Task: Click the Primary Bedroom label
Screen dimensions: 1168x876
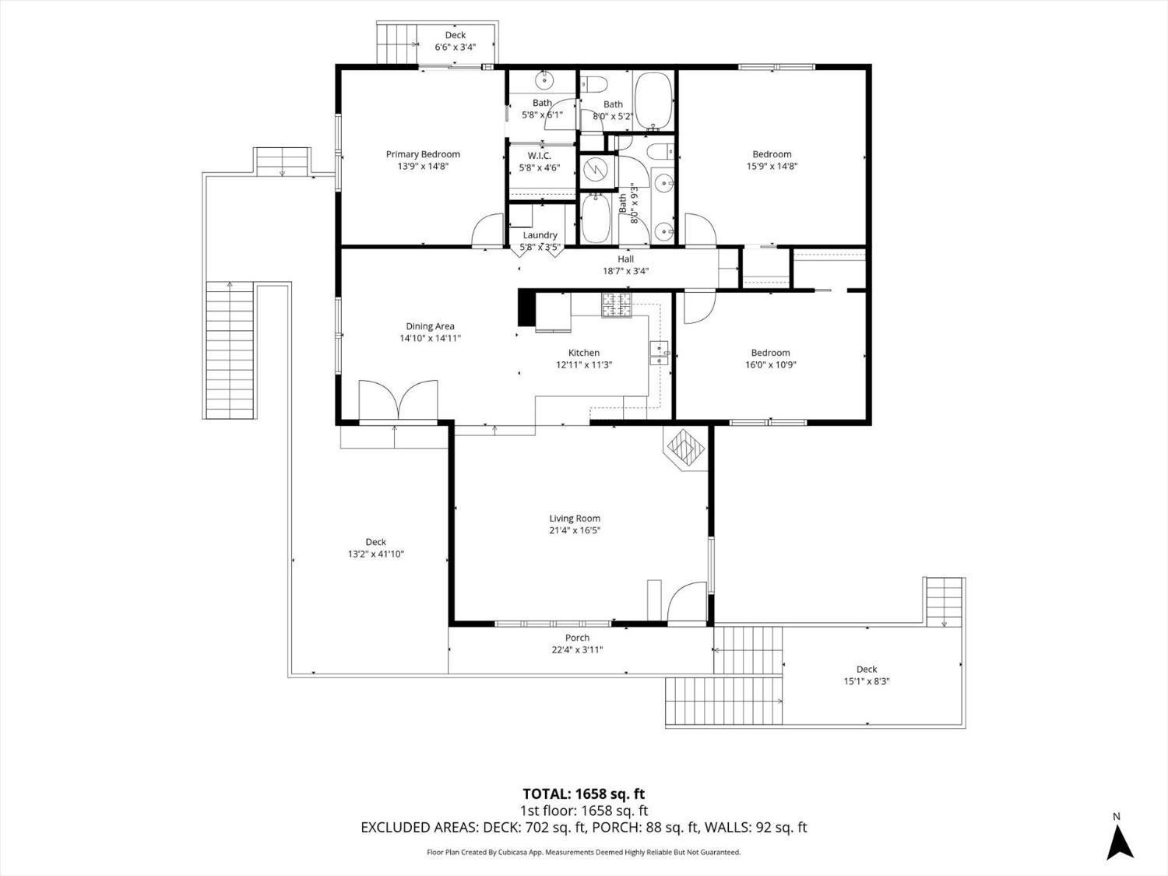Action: tap(423, 154)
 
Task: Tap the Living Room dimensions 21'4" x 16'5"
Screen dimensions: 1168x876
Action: tap(575, 530)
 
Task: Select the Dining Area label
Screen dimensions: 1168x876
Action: tap(430, 326)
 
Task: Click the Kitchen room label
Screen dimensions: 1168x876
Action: tap(584, 353)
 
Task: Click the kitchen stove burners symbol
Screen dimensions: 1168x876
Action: tap(617, 305)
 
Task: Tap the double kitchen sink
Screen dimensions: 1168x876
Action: tap(659, 354)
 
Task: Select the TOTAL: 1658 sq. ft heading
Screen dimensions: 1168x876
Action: tap(583, 794)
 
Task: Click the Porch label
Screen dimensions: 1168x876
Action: tap(577, 638)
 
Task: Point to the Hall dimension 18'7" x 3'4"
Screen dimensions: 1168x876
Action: tap(626, 271)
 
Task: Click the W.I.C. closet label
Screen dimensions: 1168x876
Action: tap(540, 156)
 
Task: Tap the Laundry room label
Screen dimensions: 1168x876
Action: tap(540, 235)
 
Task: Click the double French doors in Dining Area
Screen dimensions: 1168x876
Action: tap(398, 400)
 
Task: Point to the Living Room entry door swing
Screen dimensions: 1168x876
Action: tap(687, 602)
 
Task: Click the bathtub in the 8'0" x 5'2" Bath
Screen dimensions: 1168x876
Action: tap(654, 101)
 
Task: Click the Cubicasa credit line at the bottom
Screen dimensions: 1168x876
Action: tap(584, 852)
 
